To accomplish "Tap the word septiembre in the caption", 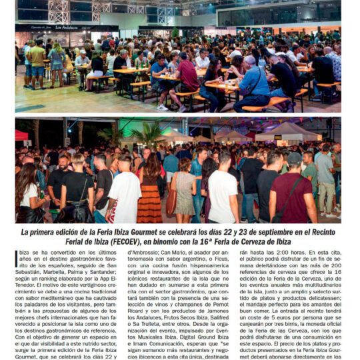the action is click(264, 232).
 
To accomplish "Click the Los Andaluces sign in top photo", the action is click(66, 28).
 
